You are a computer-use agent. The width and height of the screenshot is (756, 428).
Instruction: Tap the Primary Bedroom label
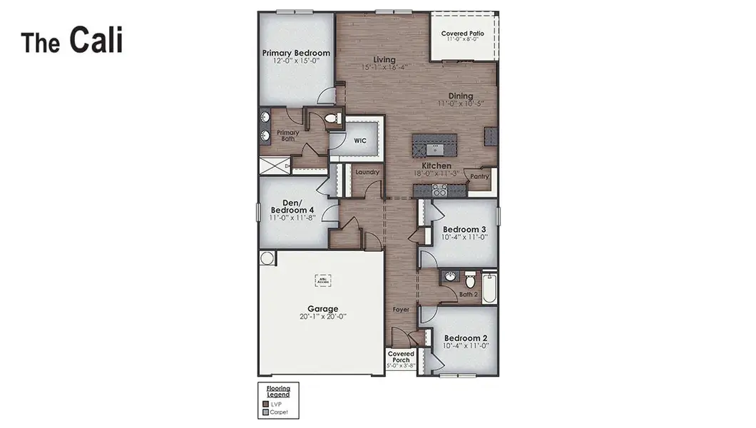pyautogui.click(x=296, y=53)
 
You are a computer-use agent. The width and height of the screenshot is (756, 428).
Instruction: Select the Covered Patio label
pyautogui.click(x=462, y=34)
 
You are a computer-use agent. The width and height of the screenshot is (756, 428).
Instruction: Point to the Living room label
pyautogui.click(x=384, y=59)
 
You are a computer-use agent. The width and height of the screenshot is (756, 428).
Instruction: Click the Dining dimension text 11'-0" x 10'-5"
pyautogui.click(x=461, y=103)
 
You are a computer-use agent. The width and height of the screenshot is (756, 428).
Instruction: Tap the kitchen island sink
pyautogui.click(x=434, y=149)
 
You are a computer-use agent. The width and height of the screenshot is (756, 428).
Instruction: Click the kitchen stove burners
pyautogui.click(x=439, y=190)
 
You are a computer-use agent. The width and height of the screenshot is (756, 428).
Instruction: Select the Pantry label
pyautogui.click(x=479, y=175)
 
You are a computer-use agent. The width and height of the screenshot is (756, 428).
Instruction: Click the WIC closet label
pyautogui.click(x=360, y=141)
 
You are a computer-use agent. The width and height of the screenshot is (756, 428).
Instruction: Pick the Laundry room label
pyautogui.click(x=367, y=172)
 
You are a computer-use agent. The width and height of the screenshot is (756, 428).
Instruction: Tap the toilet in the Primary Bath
pyautogui.click(x=332, y=119)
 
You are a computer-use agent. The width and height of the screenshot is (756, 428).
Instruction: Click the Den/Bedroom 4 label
pyautogui.click(x=292, y=206)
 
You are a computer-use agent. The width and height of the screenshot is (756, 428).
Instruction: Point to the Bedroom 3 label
pyautogui.click(x=464, y=229)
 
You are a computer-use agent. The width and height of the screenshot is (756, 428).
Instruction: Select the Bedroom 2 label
pyautogui.click(x=465, y=338)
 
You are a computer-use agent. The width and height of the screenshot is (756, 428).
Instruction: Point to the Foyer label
pyautogui.click(x=402, y=310)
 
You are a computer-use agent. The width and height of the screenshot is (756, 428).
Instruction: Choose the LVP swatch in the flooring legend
pyautogui.click(x=266, y=403)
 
